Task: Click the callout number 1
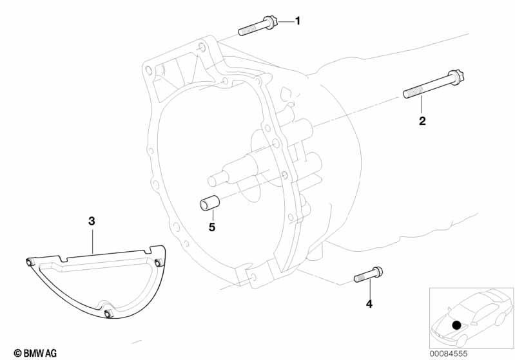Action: [x=298, y=21]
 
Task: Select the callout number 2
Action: [x=422, y=121]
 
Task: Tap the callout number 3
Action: [x=92, y=221]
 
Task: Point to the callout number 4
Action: [x=369, y=304]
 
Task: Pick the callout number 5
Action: [x=212, y=227]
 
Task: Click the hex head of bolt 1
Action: [x=271, y=21]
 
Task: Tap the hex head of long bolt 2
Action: [x=456, y=78]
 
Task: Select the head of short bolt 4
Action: [x=377, y=272]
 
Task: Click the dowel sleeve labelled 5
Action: [x=209, y=203]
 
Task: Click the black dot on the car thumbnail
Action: [x=456, y=325]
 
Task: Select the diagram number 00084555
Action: [x=449, y=354]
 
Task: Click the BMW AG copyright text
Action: [x=35, y=353]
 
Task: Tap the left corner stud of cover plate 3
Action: [x=29, y=262]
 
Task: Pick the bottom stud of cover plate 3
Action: [x=108, y=314]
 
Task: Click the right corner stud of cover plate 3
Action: [x=159, y=263]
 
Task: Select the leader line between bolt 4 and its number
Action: [x=370, y=289]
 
